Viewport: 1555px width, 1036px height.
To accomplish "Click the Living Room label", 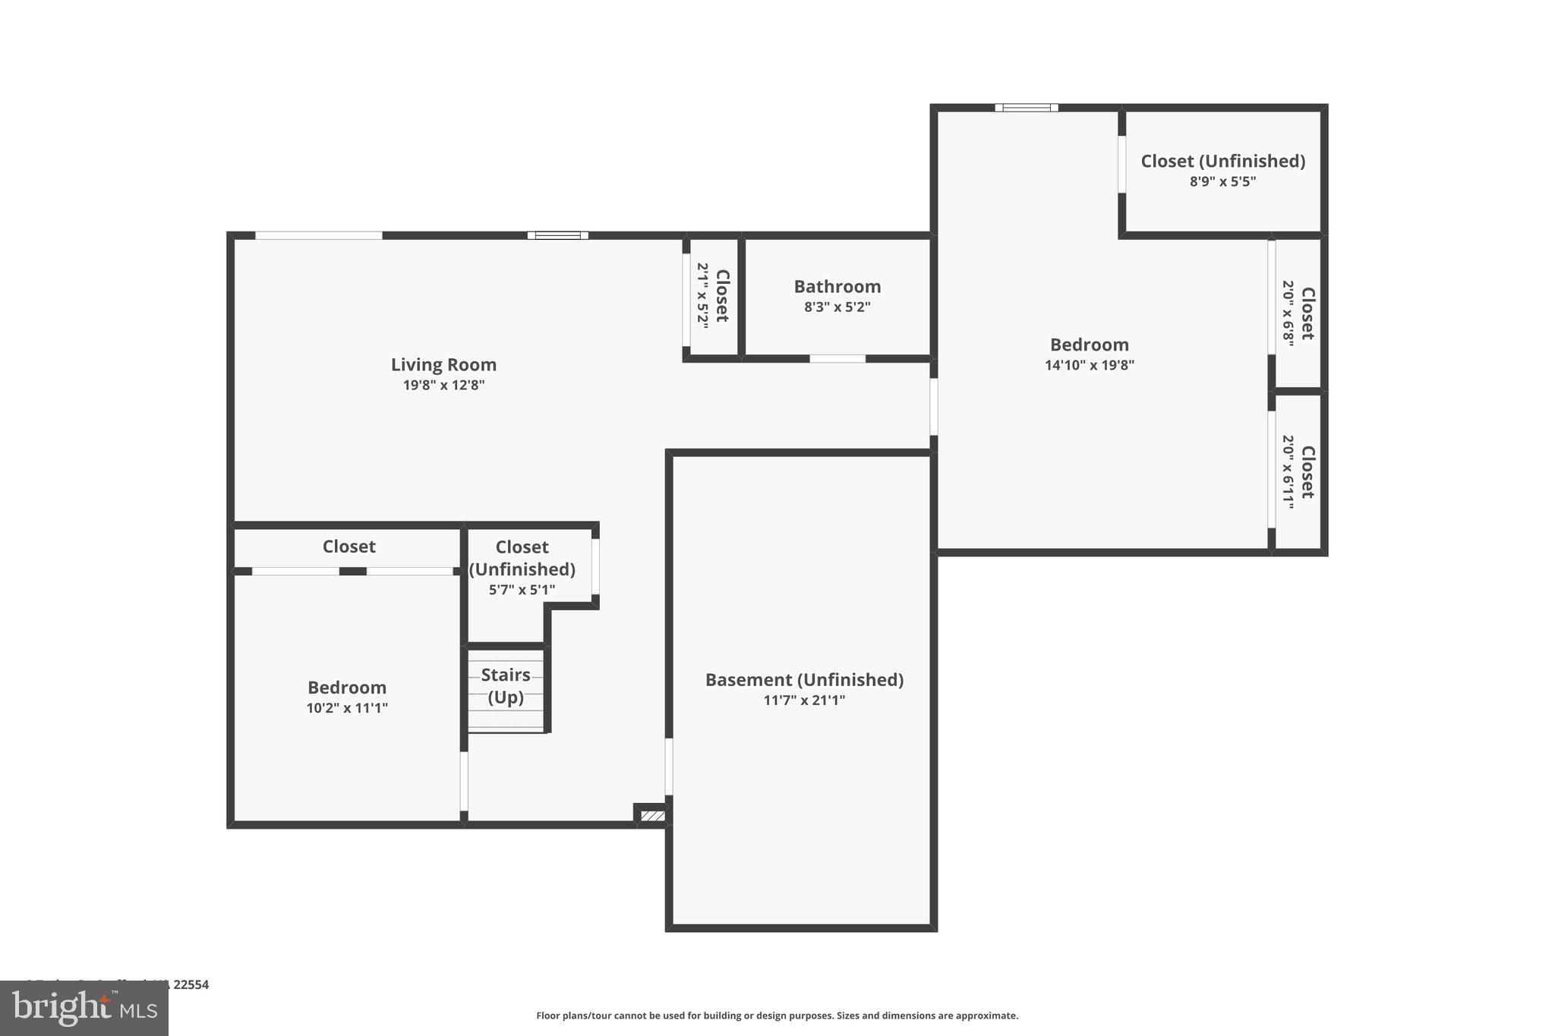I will coord(443,364).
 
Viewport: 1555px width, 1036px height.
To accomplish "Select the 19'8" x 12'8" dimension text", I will coord(443,386).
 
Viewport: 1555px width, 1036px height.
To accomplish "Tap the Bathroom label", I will coord(837,286).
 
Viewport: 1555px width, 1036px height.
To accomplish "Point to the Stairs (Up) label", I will coord(506,685).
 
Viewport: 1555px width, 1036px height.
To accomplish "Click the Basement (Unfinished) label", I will coord(804,679).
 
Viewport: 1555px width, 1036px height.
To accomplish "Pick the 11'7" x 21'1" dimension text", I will coord(804,701).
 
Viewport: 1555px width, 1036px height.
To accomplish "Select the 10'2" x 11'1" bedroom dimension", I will coord(347,708).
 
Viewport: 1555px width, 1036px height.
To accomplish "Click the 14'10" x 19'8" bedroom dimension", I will coord(1089,365).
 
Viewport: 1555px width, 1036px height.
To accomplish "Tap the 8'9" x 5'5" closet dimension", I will coord(1222,182).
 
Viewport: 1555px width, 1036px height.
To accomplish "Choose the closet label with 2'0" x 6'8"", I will coord(1307,313).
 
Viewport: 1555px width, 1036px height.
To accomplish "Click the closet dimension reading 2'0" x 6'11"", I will coord(1288,471).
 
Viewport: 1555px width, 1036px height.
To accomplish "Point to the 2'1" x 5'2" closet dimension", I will coord(703,296).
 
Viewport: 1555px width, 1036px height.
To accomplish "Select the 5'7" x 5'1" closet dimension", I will coord(522,590).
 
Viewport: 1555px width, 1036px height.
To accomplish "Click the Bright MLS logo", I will coord(84,1008).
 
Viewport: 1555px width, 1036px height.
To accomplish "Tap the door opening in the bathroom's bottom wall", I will coord(837,358).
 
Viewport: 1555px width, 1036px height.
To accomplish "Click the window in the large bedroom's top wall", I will coord(1027,108).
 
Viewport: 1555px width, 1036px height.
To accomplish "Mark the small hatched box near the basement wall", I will coord(652,816).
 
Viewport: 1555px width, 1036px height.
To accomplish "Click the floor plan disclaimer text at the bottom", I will coord(777,1016).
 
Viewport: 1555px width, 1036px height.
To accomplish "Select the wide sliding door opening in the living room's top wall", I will coord(318,235).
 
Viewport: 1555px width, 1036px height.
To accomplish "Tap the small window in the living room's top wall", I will coord(557,235).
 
